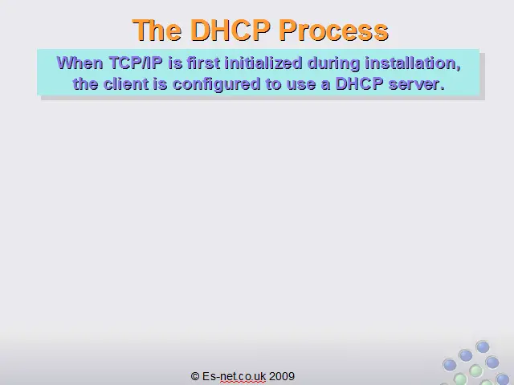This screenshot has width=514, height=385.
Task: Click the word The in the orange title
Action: point(157,30)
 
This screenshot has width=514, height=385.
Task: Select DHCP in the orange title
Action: point(230,30)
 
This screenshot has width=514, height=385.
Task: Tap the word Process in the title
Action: point(334,30)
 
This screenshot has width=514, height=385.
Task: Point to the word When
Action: point(80,63)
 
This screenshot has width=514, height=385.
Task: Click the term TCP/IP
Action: point(136,63)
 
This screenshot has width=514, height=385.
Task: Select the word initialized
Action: point(263,63)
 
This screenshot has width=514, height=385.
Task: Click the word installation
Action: point(413,63)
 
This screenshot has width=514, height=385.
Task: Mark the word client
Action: point(126,83)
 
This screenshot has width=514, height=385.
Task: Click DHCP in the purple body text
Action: point(359,83)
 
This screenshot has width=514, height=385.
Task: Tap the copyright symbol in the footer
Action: point(194,376)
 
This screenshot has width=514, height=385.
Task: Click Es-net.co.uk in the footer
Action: point(234,376)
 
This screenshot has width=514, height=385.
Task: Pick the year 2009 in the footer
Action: point(282,376)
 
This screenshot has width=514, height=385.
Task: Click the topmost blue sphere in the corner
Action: point(483,346)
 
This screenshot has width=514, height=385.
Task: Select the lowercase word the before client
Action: point(85,83)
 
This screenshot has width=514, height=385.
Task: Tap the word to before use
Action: point(273,84)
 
